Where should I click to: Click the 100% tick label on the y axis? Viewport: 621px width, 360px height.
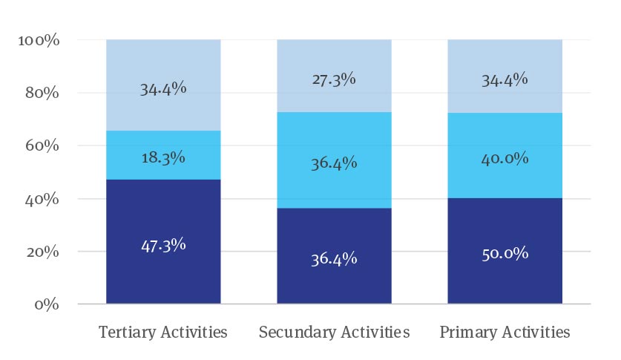38,40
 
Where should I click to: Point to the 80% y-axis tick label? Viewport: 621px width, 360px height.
41,94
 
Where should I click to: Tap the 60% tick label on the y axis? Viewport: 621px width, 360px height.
41,146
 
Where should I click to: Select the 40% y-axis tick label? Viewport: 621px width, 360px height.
41,200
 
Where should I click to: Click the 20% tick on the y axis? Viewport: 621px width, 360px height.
41,252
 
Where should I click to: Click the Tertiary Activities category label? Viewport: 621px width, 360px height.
163,332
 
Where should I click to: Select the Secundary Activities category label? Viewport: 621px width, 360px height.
334,332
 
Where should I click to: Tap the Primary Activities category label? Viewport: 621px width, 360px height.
505,332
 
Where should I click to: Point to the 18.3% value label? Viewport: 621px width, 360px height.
163,157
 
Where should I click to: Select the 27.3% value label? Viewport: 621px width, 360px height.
334,79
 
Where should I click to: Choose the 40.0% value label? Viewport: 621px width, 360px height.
505,158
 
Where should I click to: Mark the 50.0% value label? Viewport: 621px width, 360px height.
505,253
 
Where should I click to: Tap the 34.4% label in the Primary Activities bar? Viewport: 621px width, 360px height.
505,79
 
